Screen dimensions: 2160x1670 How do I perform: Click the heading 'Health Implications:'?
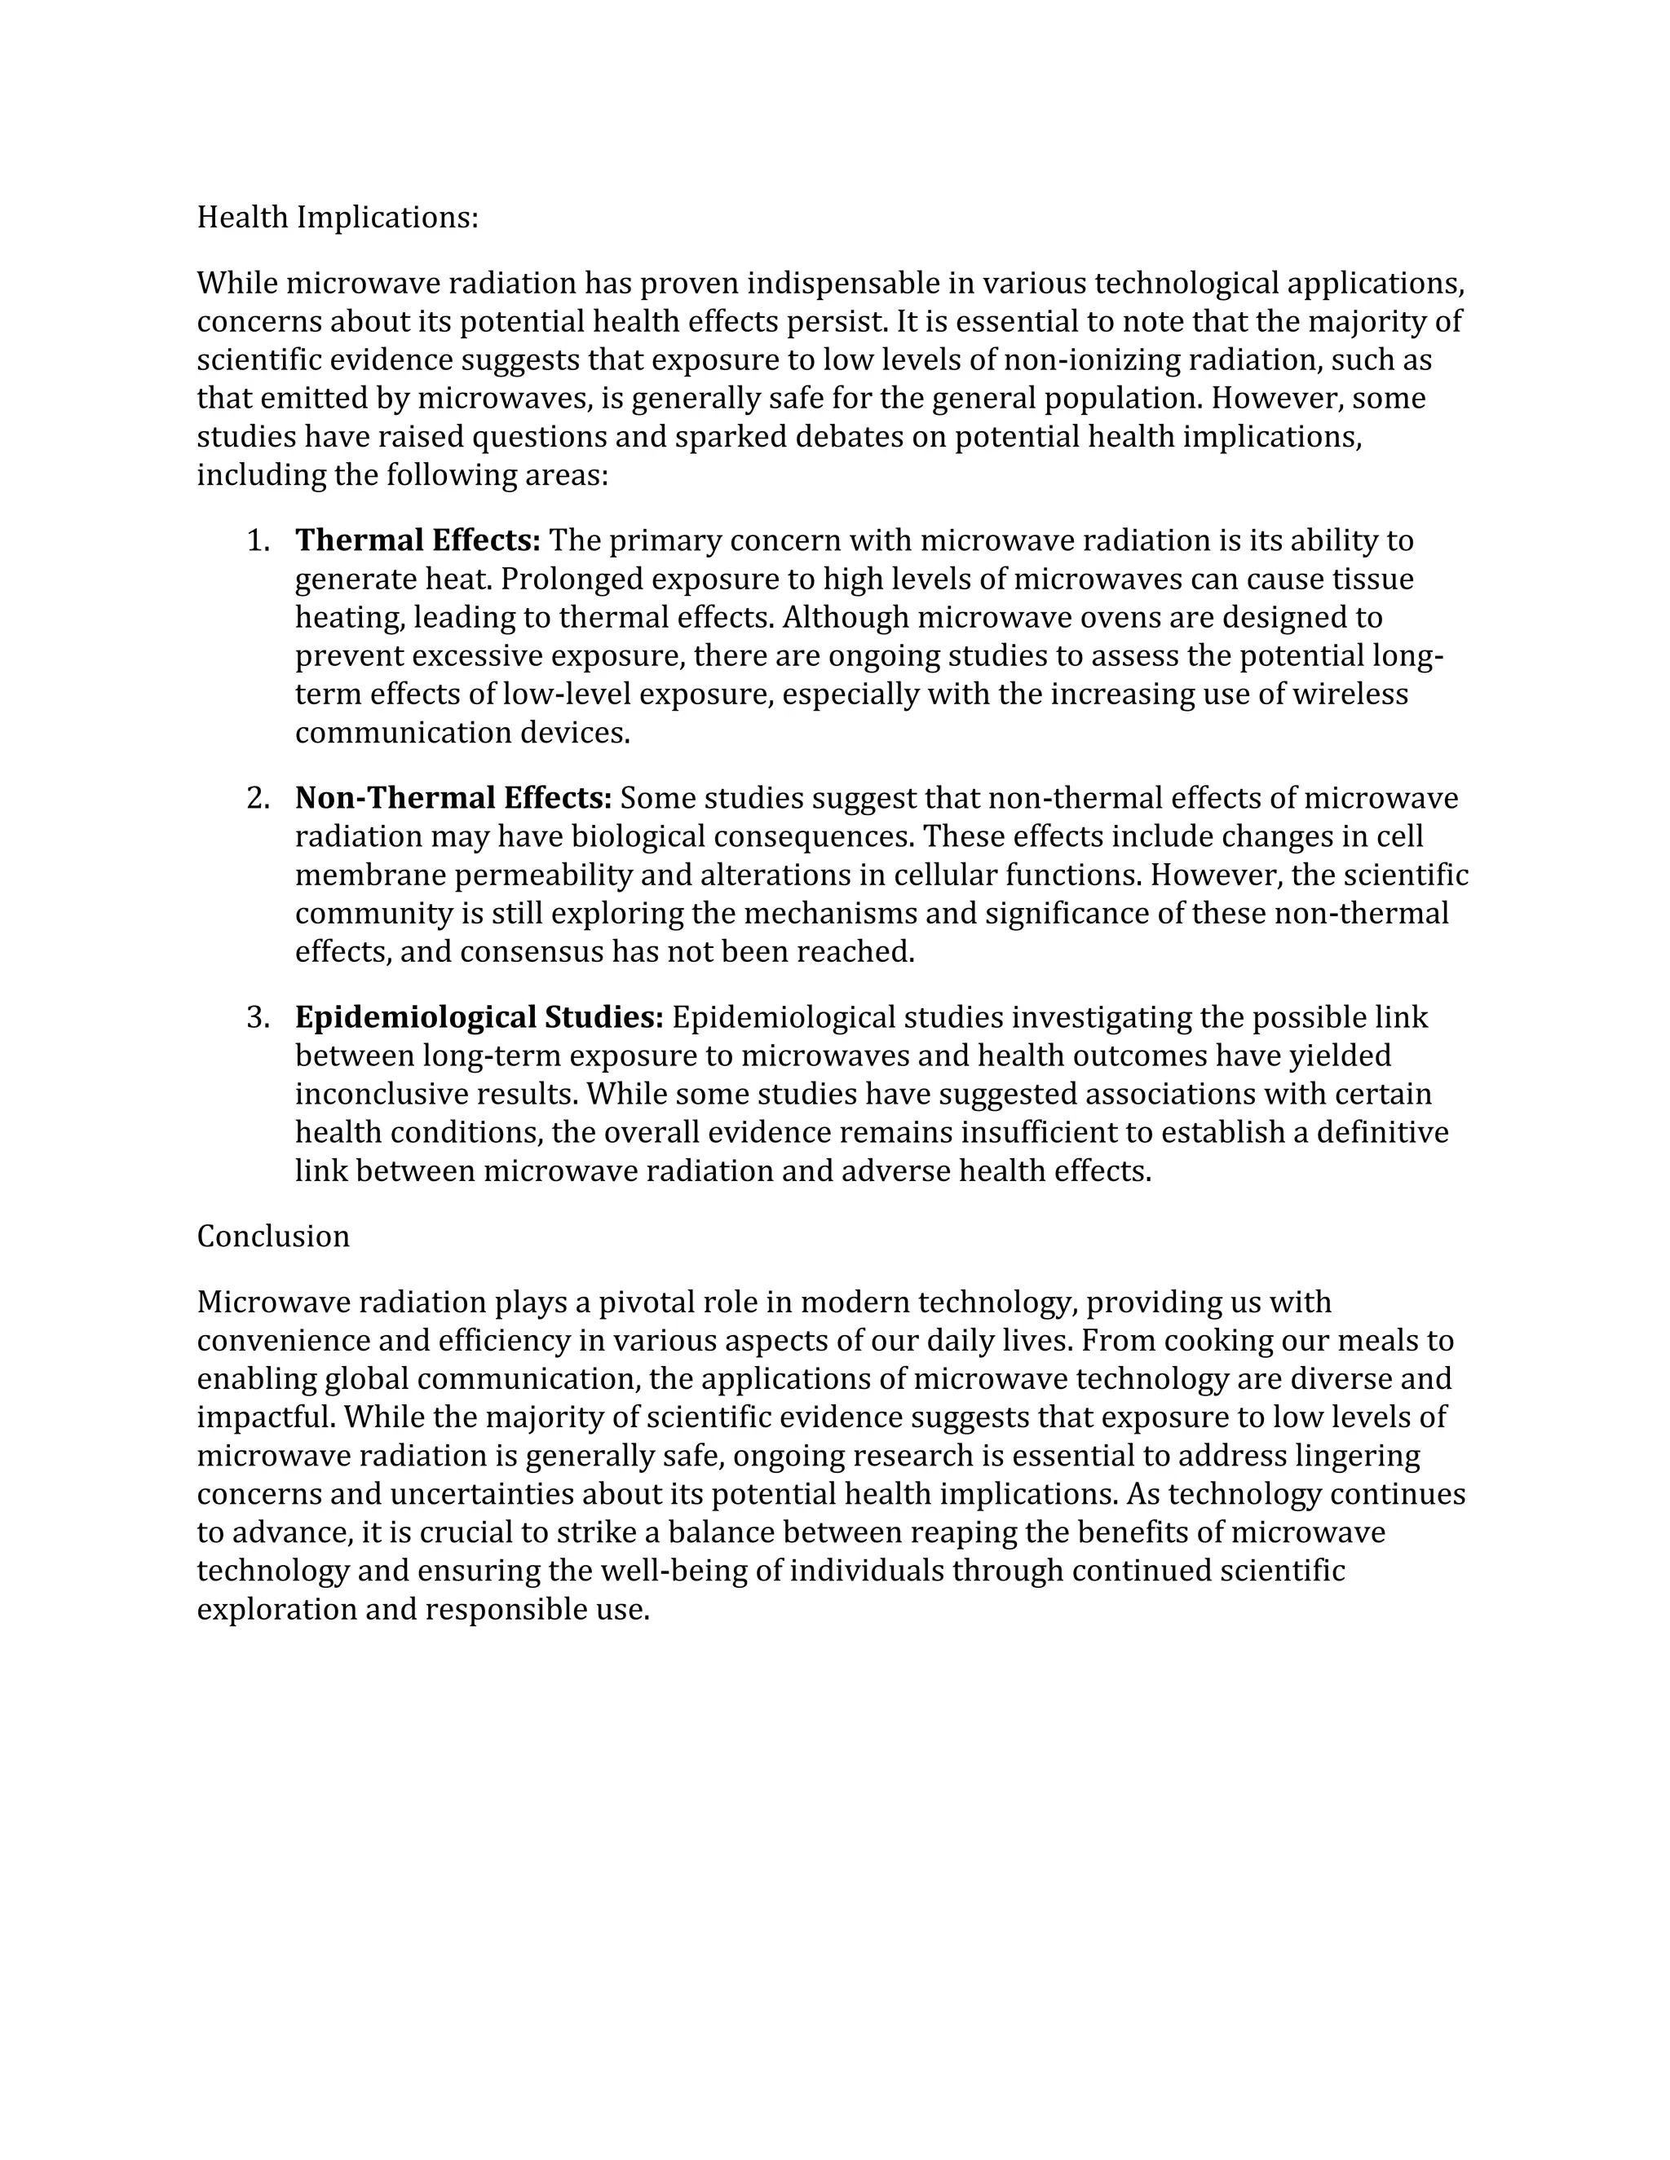coord(338,218)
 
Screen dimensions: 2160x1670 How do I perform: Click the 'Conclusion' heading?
coord(273,1236)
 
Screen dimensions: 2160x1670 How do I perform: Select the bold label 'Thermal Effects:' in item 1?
coord(417,541)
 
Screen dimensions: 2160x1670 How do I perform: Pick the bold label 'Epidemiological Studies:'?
coord(479,1018)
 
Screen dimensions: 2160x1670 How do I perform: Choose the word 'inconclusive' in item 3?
coord(381,1095)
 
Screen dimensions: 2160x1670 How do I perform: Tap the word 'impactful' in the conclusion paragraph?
coord(265,1417)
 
